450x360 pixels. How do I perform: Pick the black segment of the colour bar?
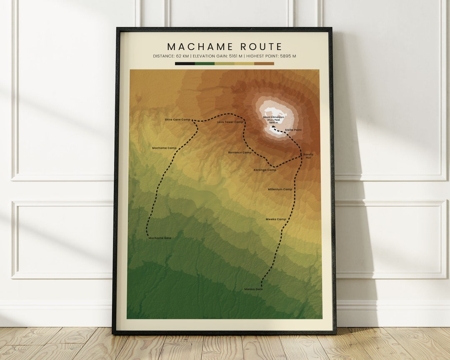(x=185, y=64)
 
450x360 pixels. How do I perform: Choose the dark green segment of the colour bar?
(x=205, y=64)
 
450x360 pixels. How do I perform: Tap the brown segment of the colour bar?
(x=264, y=64)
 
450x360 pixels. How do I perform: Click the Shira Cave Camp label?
(x=177, y=120)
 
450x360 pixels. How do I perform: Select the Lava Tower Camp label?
(x=230, y=122)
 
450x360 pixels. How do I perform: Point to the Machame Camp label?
(x=164, y=148)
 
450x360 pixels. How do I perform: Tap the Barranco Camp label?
(x=240, y=152)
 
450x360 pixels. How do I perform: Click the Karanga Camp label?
(x=265, y=170)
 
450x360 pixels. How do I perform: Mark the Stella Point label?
(x=293, y=130)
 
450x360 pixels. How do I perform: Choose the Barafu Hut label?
(x=308, y=156)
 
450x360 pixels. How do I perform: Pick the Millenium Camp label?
(x=280, y=189)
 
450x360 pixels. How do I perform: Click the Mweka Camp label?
(x=276, y=219)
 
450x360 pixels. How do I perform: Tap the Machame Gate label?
(x=160, y=238)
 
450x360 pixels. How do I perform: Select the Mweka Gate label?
(x=254, y=289)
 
